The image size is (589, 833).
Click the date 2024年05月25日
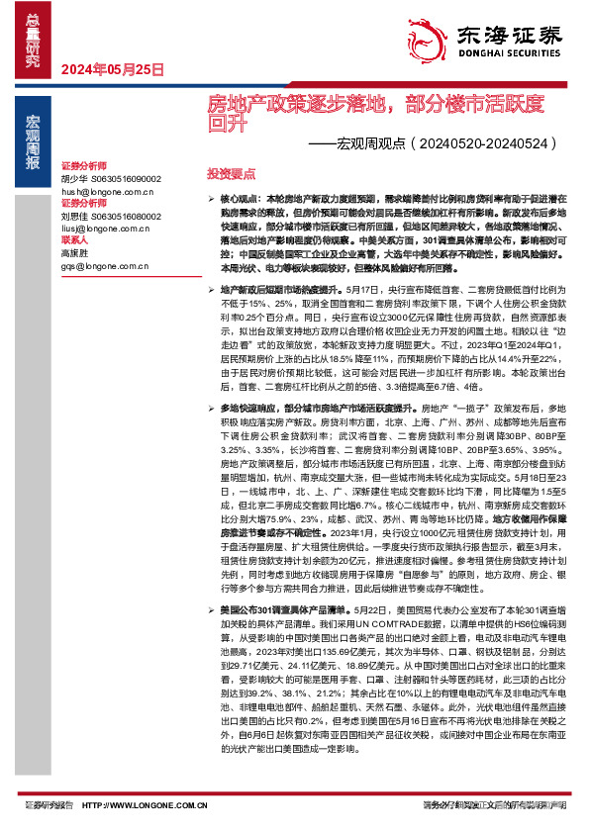112,69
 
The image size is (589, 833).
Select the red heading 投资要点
228,173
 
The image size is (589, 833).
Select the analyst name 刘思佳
75,214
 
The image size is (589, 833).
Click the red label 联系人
75,238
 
